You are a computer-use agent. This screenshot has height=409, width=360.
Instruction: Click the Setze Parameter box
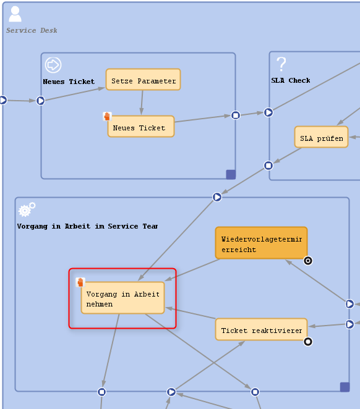[x=143, y=80]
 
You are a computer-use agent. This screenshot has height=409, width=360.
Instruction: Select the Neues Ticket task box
[x=141, y=127]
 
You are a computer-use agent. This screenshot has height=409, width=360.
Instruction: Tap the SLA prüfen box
[x=322, y=137]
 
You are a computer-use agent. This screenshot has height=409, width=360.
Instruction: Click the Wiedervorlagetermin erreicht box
[x=261, y=243]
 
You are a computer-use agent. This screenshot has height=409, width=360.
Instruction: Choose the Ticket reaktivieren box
[x=261, y=329]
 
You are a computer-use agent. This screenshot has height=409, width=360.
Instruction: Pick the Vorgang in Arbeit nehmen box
[x=122, y=298]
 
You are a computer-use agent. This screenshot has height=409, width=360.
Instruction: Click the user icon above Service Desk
[x=15, y=14]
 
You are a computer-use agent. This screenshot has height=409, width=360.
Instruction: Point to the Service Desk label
[x=32, y=30]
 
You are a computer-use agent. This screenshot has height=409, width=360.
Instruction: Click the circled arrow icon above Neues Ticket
[x=53, y=65]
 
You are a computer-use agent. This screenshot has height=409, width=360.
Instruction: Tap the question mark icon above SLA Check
[x=281, y=64]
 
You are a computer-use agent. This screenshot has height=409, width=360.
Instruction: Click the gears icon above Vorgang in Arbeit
[x=27, y=209]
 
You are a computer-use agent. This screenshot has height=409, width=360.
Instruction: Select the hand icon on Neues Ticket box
[x=107, y=116]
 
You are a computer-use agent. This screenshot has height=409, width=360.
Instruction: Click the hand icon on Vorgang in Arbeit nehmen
[x=80, y=282]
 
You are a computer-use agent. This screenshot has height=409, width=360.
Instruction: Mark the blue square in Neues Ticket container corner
[x=231, y=174]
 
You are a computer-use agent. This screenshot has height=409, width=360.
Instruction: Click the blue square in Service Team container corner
[x=345, y=387]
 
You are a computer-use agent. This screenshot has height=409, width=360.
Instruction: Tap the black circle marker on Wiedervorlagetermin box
[x=308, y=261]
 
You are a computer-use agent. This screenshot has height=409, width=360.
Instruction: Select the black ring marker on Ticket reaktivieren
[x=308, y=342]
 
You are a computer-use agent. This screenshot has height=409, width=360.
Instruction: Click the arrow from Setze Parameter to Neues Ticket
[x=142, y=103]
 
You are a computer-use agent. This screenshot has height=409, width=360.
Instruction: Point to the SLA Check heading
[x=291, y=80]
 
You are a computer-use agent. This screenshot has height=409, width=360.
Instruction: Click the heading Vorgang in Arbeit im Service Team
[x=87, y=226]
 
